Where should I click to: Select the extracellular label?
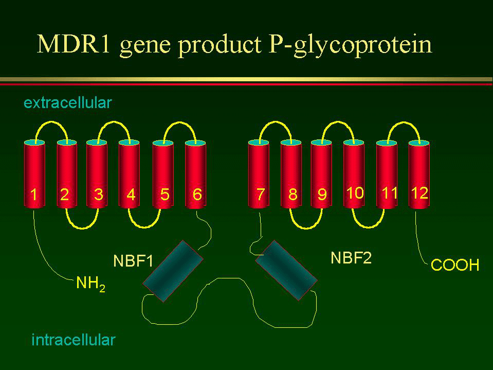pyautogui.click(x=67, y=103)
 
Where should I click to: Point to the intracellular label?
pyautogui.click(x=74, y=340)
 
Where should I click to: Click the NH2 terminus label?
pyautogui.click(x=90, y=284)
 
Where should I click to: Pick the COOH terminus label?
pyautogui.click(x=454, y=265)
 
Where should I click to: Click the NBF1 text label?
pyautogui.click(x=133, y=261)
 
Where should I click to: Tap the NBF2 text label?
pyautogui.click(x=351, y=258)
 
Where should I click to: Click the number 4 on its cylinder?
pyautogui.click(x=131, y=194)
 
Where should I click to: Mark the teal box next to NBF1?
pyautogui.click(x=173, y=271)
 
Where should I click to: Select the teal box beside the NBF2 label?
pyautogui.click(x=286, y=270)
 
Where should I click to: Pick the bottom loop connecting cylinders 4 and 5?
pyautogui.click(x=144, y=227)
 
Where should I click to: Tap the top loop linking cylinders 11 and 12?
pyautogui.click(x=404, y=122)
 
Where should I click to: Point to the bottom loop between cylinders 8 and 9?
pyautogui.click(x=306, y=228)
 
